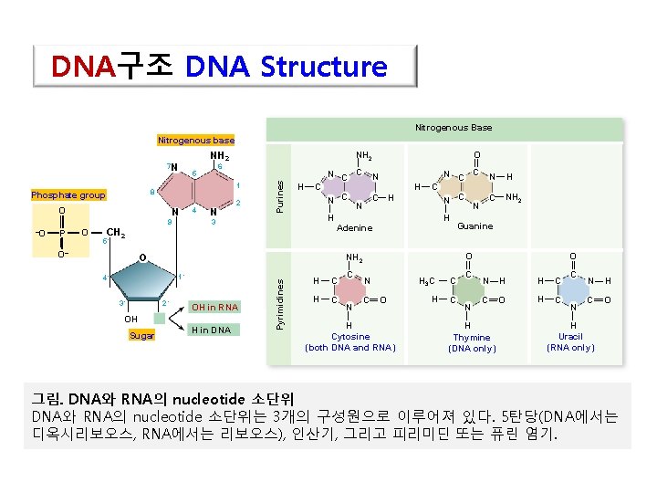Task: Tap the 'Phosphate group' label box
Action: point(68,194)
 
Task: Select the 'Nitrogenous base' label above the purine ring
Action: point(195,140)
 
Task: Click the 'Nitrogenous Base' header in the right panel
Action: point(453,127)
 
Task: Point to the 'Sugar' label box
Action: point(141,336)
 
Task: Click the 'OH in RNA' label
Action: point(214,307)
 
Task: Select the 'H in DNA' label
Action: point(211,330)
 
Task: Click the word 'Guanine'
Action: point(474,226)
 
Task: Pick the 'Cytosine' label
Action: point(350,337)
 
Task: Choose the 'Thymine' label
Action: point(472,338)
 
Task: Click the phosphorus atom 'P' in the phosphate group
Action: point(61,231)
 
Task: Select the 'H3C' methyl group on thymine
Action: point(431,280)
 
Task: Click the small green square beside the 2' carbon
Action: point(160,319)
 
